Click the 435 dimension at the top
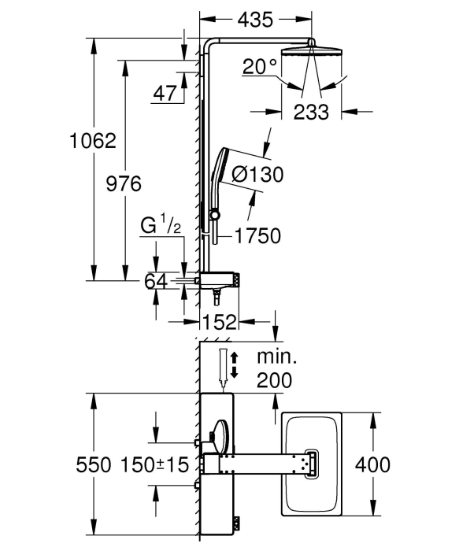255,20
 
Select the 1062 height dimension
93,141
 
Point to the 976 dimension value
124,183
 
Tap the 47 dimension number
165,94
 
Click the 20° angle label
260,66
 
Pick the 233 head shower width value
311,112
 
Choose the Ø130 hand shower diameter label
258,174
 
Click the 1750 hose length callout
257,235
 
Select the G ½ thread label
161,226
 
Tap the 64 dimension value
156,282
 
